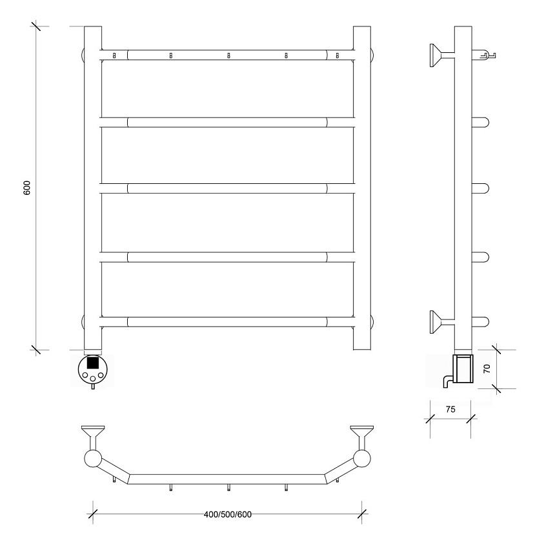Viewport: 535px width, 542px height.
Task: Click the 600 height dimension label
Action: [x=27, y=188]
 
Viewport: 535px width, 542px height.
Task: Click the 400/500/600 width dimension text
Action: [x=228, y=514]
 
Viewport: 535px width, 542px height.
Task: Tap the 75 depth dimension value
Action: [x=450, y=409]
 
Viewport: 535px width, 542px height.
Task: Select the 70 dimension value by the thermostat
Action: [x=487, y=368]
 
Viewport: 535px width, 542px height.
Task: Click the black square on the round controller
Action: [x=93, y=363]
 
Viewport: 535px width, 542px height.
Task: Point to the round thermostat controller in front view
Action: [x=93, y=369]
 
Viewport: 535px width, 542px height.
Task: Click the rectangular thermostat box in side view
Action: [x=463, y=368]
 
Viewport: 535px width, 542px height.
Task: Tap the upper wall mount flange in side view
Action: [x=435, y=55]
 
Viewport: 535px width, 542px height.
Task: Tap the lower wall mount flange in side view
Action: [x=435, y=322]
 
